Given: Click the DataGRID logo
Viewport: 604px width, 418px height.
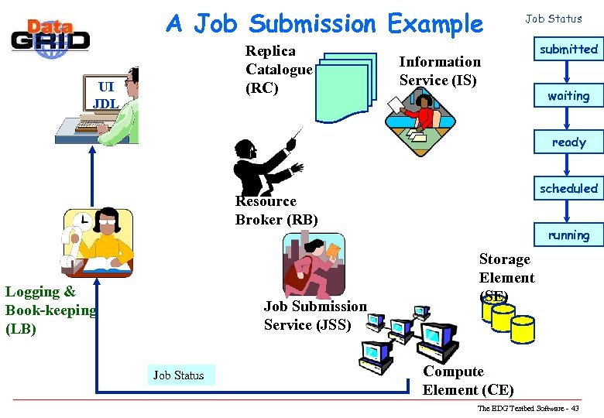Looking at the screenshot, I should point(50,34).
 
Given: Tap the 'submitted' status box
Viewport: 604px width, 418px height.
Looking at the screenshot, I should point(568,50).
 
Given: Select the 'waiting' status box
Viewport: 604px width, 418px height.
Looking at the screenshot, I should point(568,96).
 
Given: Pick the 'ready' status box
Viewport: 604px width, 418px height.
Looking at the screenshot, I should point(568,142).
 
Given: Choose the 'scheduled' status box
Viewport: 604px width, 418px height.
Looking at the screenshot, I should point(568,188).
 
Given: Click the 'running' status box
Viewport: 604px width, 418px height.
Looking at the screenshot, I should point(568,235).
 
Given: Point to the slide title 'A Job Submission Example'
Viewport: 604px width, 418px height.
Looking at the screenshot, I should point(324,24).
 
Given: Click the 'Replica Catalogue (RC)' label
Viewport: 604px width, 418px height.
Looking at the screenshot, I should point(279,70).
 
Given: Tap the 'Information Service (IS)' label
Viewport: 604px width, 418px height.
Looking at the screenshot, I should point(440,70).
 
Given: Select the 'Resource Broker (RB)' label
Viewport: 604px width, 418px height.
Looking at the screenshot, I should point(276,211).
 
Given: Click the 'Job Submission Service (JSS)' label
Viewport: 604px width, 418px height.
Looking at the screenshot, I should point(315,316).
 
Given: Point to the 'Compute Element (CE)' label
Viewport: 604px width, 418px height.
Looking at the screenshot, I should point(468,381).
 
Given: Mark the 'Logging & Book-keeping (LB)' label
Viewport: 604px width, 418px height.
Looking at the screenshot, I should point(50,310).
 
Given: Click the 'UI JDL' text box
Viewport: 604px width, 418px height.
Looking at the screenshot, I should point(105,94).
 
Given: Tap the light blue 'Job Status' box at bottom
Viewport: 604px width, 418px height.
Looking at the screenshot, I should point(179,375).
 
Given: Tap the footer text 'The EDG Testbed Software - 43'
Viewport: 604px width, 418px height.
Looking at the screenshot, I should point(527,408).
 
